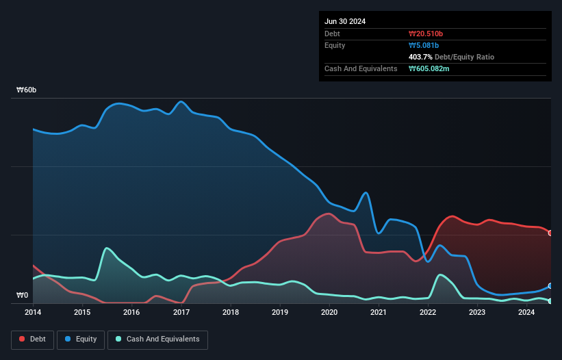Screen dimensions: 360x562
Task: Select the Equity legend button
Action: pos(81,339)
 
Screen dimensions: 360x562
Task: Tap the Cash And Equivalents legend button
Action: pos(157,339)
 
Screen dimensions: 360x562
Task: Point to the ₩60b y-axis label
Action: pos(27,90)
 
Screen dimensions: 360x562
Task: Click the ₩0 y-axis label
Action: pos(23,296)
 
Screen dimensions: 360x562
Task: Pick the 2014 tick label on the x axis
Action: pos(33,312)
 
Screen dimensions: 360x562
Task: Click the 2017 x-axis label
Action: pos(181,312)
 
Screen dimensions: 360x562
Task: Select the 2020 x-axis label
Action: pos(329,312)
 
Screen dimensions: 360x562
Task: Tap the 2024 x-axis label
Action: pos(526,312)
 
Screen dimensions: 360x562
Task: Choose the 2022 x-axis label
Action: pos(428,312)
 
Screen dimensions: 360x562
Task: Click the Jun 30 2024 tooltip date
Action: pos(345,21)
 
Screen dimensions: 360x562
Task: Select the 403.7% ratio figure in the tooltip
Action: pos(421,57)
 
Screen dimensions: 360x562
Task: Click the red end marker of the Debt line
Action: pos(550,233)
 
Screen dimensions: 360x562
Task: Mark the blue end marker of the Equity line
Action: pos(550,285)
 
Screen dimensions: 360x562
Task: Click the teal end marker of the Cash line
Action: pos(550,300)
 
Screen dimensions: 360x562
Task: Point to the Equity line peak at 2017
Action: pos(181,101)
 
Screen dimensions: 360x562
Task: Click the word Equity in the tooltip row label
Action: pos(335,45)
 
